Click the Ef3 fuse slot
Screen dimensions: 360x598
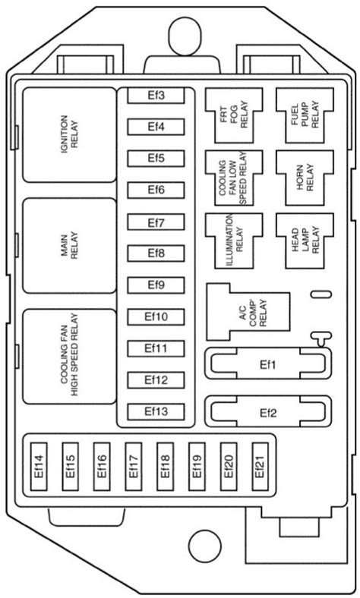pyautogui.click(x=156, y=96)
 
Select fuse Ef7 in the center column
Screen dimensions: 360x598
pyautogui.click(x=156, y=222)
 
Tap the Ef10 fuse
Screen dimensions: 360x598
pyautogui.click(x=156, y=317)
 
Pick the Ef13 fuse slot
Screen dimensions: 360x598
pyautogui.click(x=156, y=412)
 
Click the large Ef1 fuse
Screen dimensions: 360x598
pyautogui.click(x=268, y=364)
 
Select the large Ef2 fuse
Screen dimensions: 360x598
pyautogui.click(x=268, y=412)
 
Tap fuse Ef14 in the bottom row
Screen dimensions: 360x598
pyautogui.click(x=39, y=467)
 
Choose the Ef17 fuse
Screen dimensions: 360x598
pyautogui.click(x=134, y=467)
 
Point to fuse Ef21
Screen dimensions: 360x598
pyautogui.click(x=260, y=467)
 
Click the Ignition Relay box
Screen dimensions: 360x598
pyautogui.click(x=69, y=134)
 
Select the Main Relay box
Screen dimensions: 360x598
pyautogui.click(x=69, y=246)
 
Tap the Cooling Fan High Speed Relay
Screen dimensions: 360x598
pyautogui.click(x=69, y=356)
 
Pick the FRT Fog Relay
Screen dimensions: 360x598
pyautogui.click(x=234, y=115)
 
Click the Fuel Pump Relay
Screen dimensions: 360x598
pyautogui.click(x=305, y=115)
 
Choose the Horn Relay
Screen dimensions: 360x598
pyautogui.click(x=305, y=178)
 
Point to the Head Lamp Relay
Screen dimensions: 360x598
pyautogui.click(x=305, y=241)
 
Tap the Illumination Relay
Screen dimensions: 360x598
pyautogui.click(x=234, y=241)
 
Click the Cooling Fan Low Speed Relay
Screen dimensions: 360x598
pyautogui.click(x=234, y=178)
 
